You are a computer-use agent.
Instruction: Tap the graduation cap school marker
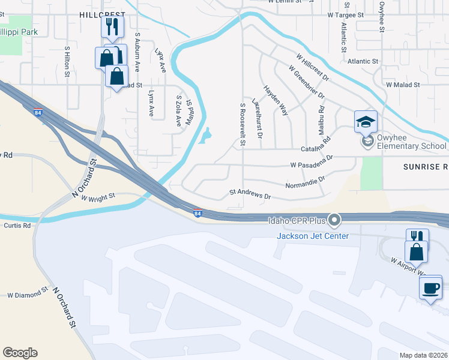(x=366, y=122)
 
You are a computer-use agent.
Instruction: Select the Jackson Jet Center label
(x=312, y=235)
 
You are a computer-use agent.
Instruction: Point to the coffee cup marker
(x=430, y=288)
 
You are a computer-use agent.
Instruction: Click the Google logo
(x=20, y=353)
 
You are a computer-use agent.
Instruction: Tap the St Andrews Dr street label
(x=250, y=195)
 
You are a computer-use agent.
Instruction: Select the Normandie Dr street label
(x=305, y=182)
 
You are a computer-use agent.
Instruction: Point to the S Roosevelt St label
(x=243, y=124)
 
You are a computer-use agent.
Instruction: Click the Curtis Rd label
(x=18, y=226)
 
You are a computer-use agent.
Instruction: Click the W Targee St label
(x=346, y=14)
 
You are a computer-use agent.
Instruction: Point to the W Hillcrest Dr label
(x=313, y=67)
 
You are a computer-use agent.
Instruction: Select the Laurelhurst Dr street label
(x=258, y=118)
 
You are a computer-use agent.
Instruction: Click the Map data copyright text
(x=424, y=355)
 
